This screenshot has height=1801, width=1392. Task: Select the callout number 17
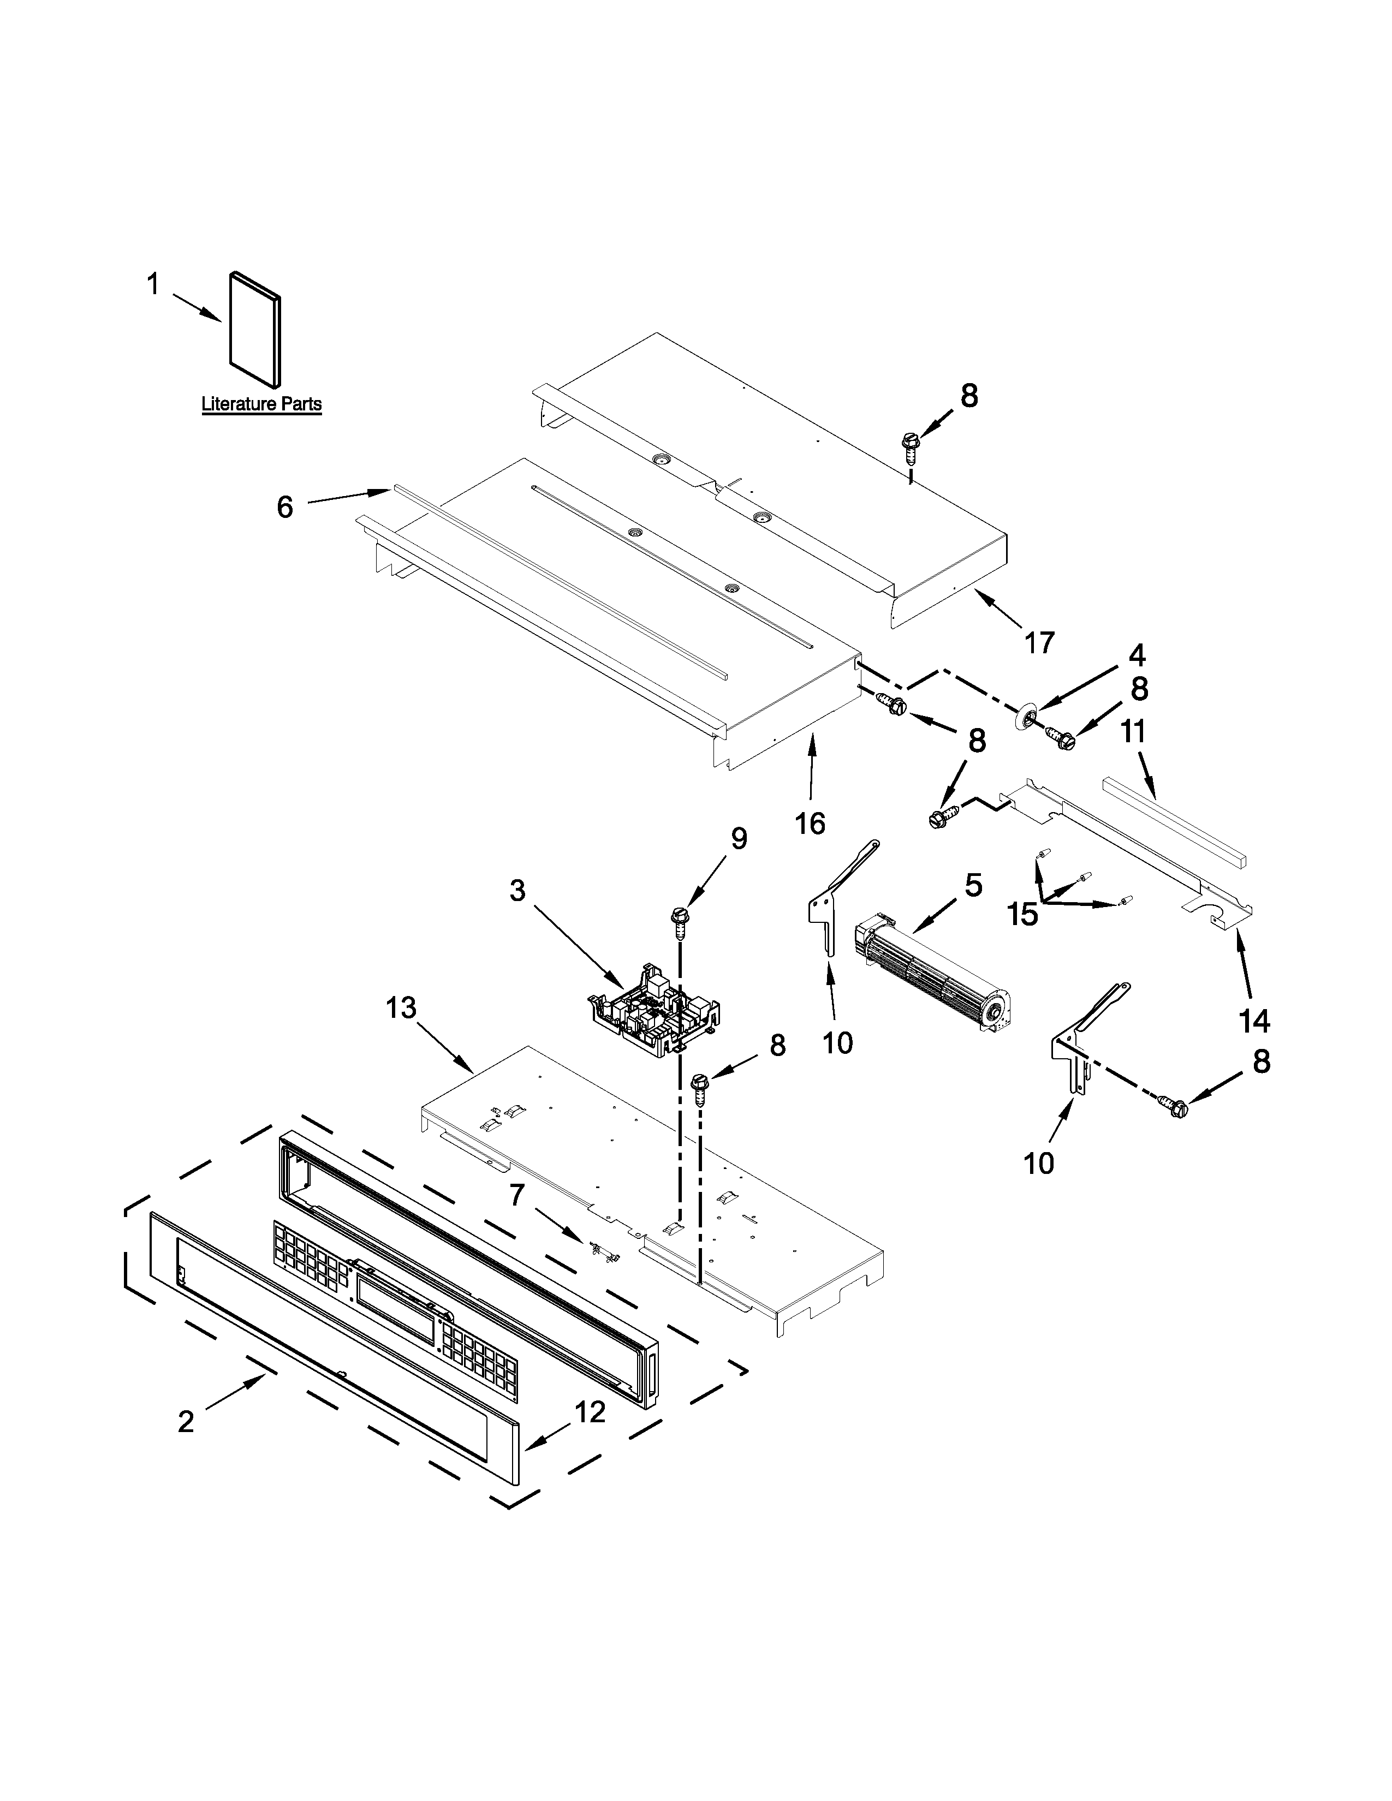click(1039, 642)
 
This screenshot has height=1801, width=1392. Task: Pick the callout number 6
click(284, 506)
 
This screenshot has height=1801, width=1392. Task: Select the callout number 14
click(1253, 1022)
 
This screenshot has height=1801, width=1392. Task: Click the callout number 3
click(517, 891)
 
